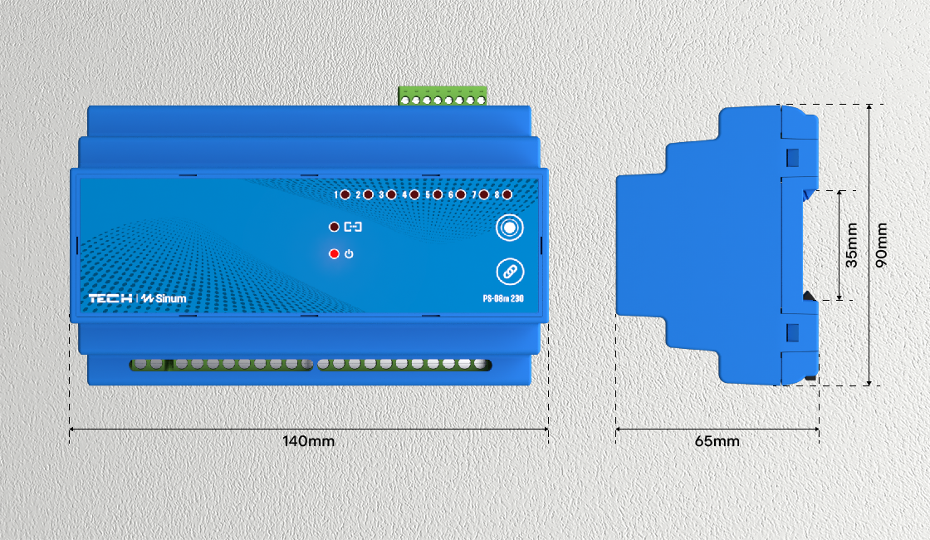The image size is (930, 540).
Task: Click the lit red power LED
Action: [x=334, y=253]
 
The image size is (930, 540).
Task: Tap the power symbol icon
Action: [x=349, y=253]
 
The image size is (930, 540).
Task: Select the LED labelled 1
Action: [x=345, y=194]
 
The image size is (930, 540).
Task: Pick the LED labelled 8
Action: [x=507, y=194]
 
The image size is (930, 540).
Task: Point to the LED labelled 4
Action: [x=414, y=194]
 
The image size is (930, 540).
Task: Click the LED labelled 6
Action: [x=460, y=194]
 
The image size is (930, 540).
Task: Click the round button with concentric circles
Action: [x=510, y=228]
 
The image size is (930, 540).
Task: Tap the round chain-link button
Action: [x=510, y=271]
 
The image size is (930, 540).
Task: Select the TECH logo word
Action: [x=110, y=298]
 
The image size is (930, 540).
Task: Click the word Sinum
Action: [x=169, y=298]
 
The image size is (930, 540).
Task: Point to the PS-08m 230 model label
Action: [x=503, y=298]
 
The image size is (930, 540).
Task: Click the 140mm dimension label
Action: [x=309, y=441]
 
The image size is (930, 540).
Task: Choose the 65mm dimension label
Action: [x=717, y=441]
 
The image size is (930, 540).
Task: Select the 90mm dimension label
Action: [x=882, y=245]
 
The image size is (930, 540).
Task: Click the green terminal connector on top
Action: [x=443, y=96]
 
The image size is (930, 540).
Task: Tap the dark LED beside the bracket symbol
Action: [x=334, y=226]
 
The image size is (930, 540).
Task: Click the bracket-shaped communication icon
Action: [x=354, y=226]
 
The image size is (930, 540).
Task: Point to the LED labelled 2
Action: [x=368, y=194]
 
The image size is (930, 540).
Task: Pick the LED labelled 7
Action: [x=483, y=194]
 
